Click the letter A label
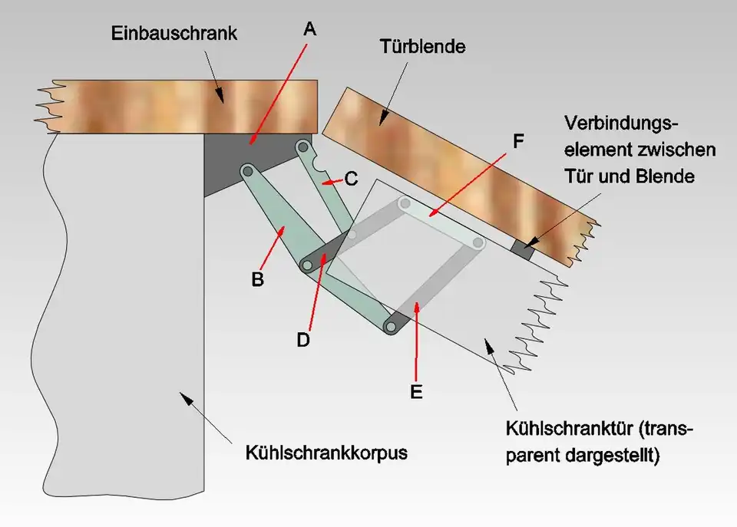tap(309, 29)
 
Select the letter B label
tap(258, 279)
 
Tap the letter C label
tap(351, 179)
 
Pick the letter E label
tap(416, 391)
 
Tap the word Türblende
tap(422, 48)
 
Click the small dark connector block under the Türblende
tap(524, 249)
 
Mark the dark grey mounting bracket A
tap(230, 165)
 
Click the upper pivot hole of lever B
tap(248, 170)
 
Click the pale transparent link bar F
tap(441, 222)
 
